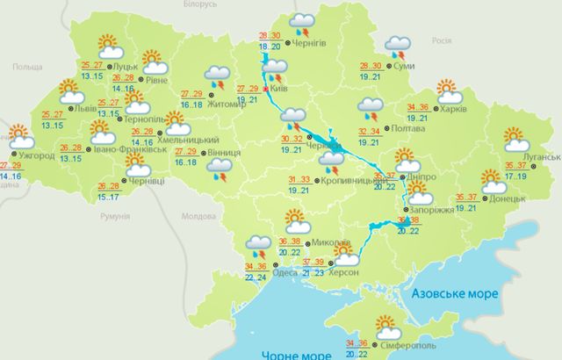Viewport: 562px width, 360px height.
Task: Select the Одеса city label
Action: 285,273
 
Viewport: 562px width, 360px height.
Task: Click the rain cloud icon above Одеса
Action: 260,246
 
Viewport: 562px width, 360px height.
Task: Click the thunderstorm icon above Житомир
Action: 216,78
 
